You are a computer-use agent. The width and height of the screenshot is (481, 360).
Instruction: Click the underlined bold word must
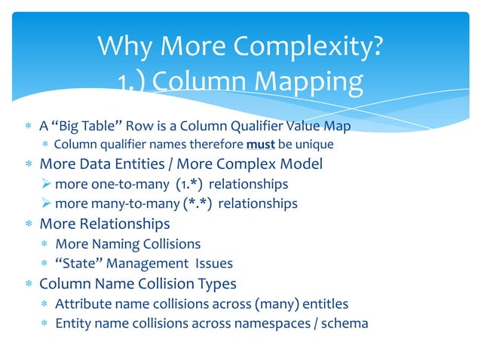coord(261,145)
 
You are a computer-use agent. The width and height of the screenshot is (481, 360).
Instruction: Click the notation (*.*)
coord(197,204)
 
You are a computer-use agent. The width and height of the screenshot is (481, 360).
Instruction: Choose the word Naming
coord(117,243)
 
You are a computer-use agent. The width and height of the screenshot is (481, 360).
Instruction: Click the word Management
coord(147,264)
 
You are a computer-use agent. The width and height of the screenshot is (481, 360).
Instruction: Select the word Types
coord(216,284)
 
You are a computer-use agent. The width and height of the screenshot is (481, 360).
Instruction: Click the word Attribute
coord(84,304)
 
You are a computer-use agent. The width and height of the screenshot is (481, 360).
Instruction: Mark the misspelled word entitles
coord(325,304)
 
